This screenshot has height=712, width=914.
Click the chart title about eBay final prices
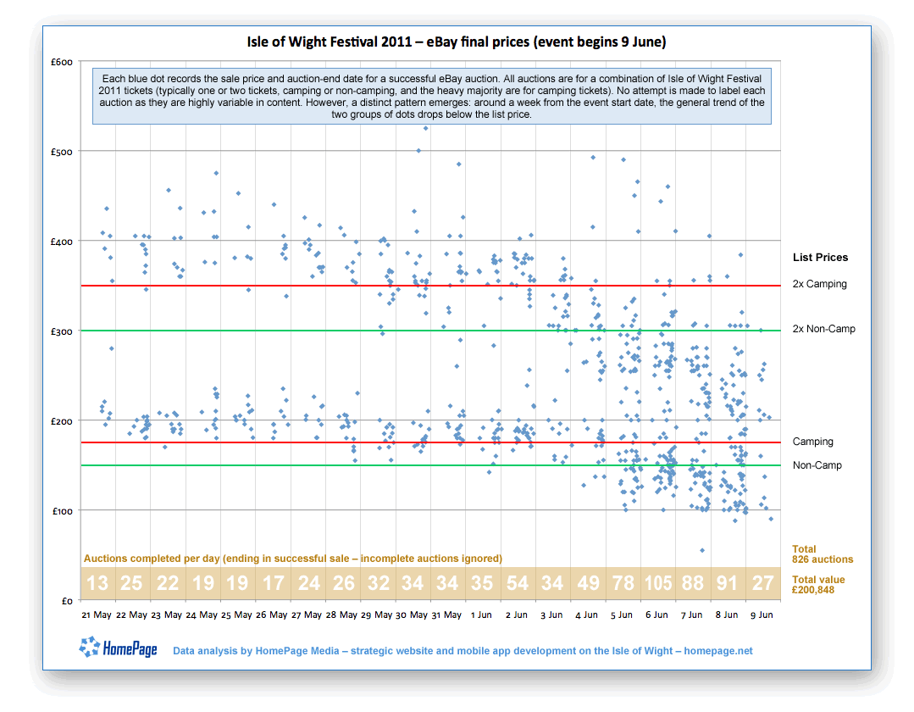coord(457,42)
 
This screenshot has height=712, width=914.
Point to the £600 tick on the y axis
coord(61,62)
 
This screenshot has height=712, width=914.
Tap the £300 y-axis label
coord(61,331)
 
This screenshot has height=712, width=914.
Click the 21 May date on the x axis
coord(97,615)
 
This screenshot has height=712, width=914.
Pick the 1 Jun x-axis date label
coord(481,615)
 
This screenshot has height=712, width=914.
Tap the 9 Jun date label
coord(762,615)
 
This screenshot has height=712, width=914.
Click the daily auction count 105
coord(658,583)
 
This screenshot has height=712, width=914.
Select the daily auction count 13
coord(97,583)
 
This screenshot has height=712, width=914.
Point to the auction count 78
coord(623,583)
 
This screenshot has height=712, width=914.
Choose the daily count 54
coord(517,583)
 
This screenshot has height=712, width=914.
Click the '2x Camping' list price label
coord(819,284)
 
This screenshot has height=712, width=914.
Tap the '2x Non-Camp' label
coord(823,329)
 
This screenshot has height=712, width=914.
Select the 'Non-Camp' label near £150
coord(817,465)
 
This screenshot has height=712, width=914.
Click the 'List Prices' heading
coord(820,258)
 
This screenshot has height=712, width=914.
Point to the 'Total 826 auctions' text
coord(822,554)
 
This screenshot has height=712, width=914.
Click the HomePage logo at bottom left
coord(119,650)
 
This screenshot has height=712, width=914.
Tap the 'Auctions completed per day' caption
coord(292,559)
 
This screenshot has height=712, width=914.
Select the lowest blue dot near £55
coord(702,550)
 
